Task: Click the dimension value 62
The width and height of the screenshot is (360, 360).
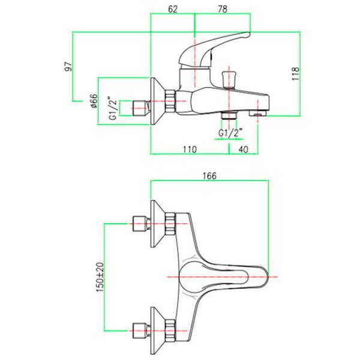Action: coord(173,9)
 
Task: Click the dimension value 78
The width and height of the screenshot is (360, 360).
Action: coord(223,9)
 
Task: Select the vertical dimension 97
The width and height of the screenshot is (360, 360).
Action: coord(68,67)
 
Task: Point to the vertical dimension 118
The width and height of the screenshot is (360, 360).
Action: coord(295,73)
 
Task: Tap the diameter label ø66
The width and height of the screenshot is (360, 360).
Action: coord(94,101)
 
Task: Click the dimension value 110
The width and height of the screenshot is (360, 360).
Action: coord(190,149)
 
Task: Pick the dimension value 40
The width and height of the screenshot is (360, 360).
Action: coord(244,149)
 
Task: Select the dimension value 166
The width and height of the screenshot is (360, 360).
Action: coord(209,176)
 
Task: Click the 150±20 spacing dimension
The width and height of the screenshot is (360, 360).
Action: coord(100,277)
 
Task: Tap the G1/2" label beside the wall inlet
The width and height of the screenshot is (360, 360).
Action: coord(113,108)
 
